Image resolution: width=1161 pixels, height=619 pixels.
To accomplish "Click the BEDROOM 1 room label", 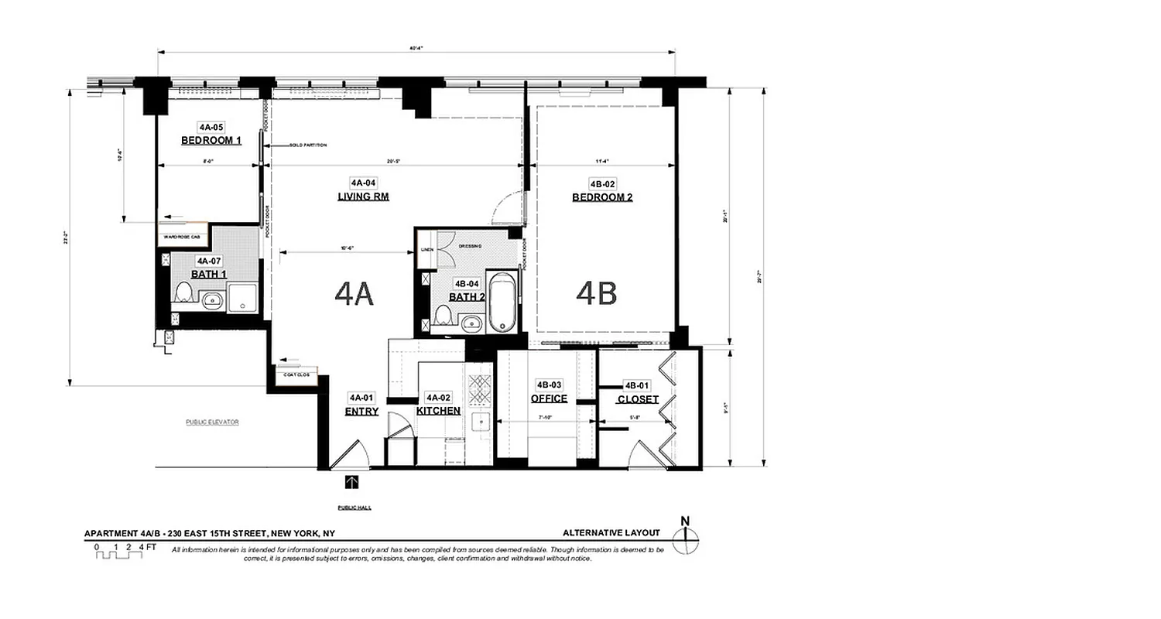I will [x=211, y=141].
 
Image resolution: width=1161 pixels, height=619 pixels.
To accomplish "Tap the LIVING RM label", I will [x=363, y=197].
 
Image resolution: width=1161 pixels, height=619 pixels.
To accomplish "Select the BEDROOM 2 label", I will [x=602, y=197].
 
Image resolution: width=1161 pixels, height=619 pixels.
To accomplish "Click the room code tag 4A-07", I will [x=209, y=262].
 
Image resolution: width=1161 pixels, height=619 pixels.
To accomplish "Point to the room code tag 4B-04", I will [x=466, y=284].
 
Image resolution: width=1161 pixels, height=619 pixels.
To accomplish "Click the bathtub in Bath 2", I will [x=501, y=301].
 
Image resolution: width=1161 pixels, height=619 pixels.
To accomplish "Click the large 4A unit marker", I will [x=354, y=294].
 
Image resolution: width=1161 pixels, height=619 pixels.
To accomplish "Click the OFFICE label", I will [x=549, y=399].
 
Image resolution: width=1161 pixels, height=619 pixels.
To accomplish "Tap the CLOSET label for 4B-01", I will [x=638, y=400].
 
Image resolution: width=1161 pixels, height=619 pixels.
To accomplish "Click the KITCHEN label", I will [x=439, y=411].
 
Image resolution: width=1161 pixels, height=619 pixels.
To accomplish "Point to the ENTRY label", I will [x=361, y=412].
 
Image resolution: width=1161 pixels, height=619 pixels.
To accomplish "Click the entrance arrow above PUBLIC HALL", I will [x=352, y=483].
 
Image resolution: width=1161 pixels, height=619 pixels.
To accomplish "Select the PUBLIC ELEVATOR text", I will [x=212, y=422].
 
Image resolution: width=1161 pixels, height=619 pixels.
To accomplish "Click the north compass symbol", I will [x=685, y=537].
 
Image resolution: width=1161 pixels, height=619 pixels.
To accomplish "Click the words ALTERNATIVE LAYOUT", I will [x=611, y=533].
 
